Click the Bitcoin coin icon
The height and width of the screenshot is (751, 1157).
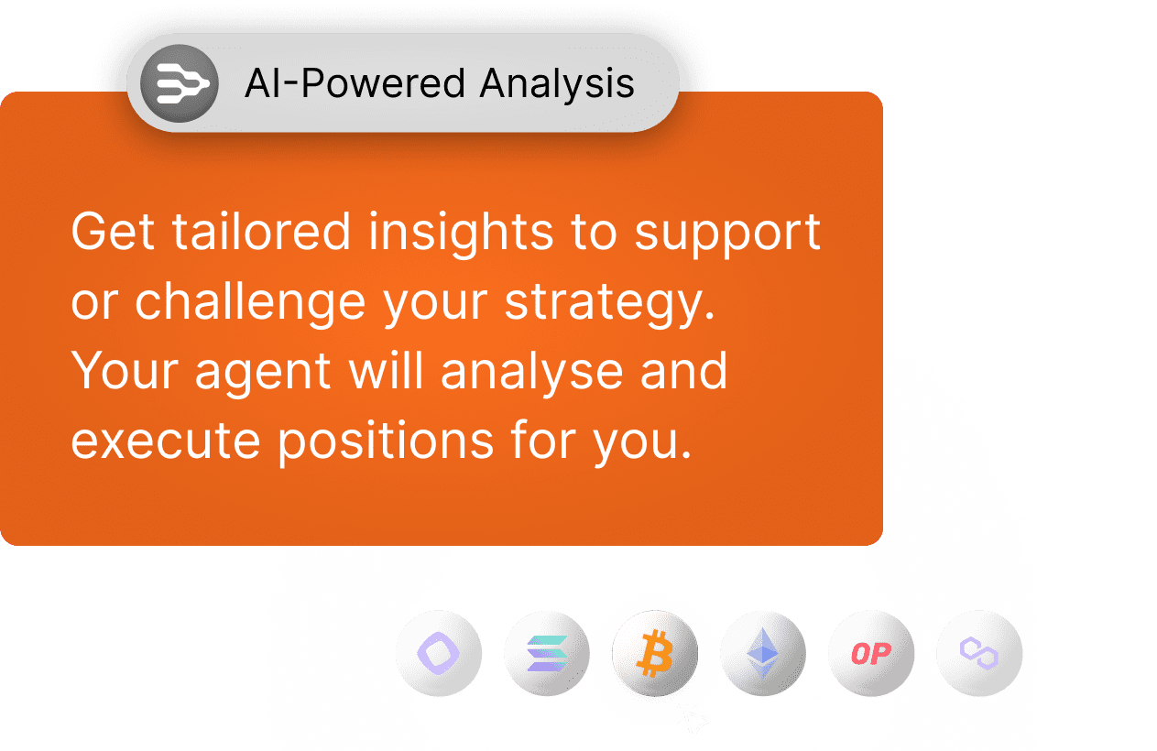(655, 653)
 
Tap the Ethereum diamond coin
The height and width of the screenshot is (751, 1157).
(763, 653)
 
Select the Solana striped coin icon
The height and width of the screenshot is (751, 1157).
(547, 653)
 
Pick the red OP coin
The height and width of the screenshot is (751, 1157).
(871, 653)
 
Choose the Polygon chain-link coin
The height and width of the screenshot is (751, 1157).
(979, 653)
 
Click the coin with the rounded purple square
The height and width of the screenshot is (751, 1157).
(439, 653)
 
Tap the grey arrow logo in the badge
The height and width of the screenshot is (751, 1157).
(180, 83)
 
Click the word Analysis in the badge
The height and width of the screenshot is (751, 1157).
(557, 84)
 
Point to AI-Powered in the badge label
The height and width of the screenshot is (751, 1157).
(355, 83)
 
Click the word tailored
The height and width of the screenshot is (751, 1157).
(261, 231)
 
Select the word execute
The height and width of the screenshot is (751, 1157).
(165, 441)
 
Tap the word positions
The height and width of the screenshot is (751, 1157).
(386, 442)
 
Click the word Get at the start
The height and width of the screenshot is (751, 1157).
(113, 231)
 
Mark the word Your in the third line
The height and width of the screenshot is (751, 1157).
(125, 370)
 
